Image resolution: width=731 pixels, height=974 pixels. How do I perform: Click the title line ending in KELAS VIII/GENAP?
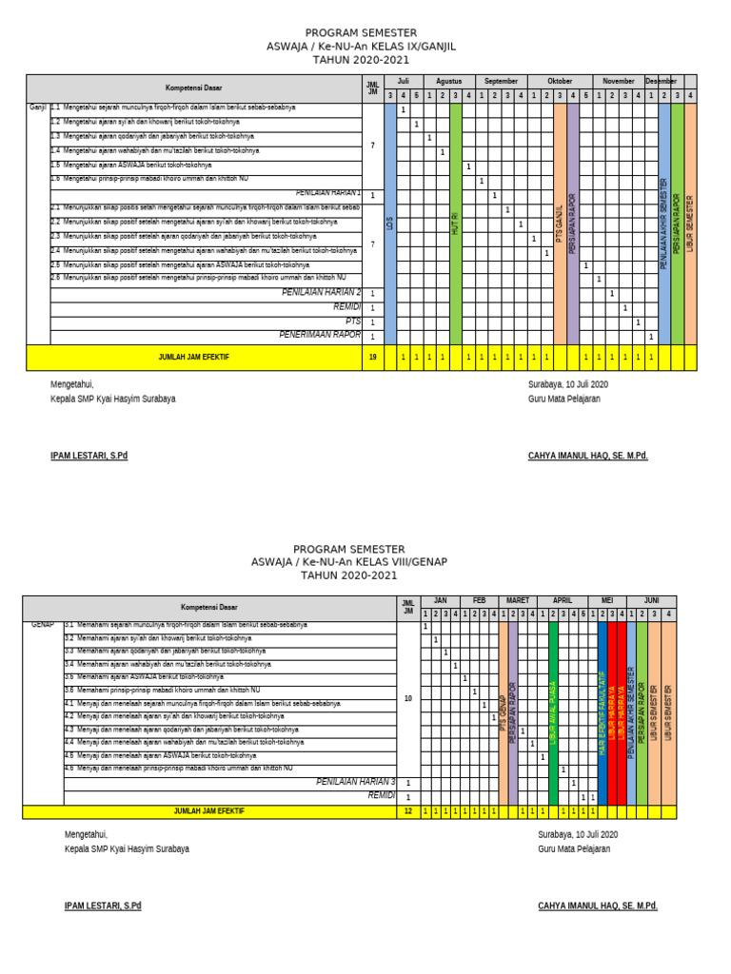point(348,562)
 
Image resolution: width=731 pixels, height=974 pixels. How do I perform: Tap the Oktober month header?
point(560,82)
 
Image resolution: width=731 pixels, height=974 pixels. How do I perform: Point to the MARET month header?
point(518,601)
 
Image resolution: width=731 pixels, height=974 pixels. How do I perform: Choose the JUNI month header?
point(651,601)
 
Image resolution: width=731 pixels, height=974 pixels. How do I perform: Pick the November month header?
point(619,82)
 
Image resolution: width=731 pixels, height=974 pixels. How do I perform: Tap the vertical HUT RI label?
point(456,224)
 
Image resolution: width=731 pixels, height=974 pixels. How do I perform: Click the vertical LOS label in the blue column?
point(390,224)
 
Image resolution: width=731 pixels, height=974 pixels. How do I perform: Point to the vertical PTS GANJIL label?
point(560,224)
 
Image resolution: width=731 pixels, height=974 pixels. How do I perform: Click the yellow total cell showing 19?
point(372,357)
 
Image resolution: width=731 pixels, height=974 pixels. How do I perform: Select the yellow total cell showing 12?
point(408,811)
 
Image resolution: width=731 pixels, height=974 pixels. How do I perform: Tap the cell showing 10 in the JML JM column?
point(408,698)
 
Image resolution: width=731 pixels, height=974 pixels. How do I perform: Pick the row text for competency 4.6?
point(177,768)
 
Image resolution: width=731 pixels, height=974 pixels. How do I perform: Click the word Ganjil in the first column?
point(38,108)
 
